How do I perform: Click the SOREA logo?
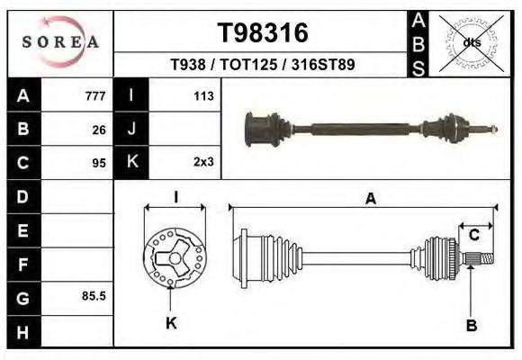(59, 41)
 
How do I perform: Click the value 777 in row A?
(95, 96)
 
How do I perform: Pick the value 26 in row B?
(99, 130)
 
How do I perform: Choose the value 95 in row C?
(99, 163)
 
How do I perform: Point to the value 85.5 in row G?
(94, 295)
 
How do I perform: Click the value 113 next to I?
(202, 96)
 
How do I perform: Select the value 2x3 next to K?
(202, 163)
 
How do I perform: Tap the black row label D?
(22, 196)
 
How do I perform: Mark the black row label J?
(131, 130)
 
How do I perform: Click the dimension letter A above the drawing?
(370, 200)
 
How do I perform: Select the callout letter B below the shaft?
(470, 324)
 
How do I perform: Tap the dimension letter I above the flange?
(175, 198)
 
